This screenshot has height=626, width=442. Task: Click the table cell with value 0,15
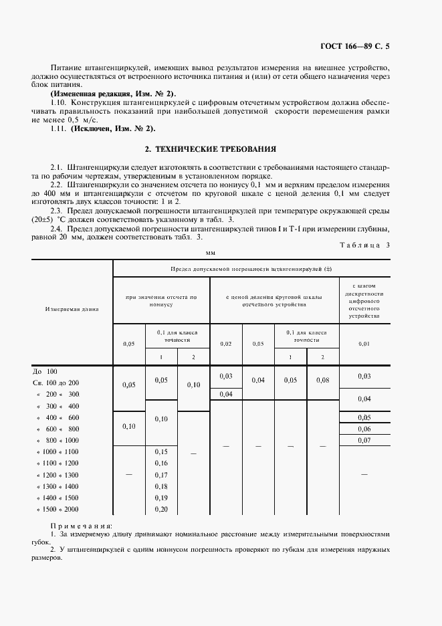click(161, 451)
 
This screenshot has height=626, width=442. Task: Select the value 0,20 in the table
click(161, 510)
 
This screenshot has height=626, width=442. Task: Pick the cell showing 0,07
click(364, 440)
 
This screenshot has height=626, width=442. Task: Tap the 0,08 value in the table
click(322, 379)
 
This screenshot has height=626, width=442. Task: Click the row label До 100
click(46, 371)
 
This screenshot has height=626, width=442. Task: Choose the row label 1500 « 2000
click(58, 510)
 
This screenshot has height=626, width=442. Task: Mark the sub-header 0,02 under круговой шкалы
click(225, 343)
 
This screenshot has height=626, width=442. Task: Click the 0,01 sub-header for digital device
click(364, 343)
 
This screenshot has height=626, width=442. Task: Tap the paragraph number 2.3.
click(57, 209)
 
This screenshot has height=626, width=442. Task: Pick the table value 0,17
click(161, 475)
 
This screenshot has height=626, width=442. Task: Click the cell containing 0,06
click(364, 429)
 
